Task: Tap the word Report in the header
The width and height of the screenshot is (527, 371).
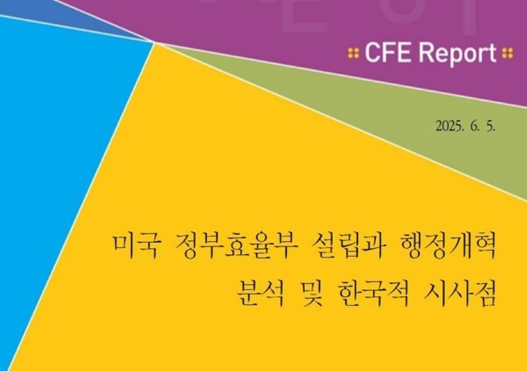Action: click(x=457, y=54)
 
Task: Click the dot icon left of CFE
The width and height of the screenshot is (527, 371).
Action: click(x=353, y=53)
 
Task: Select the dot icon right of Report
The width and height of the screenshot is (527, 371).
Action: click(x=507, y=53)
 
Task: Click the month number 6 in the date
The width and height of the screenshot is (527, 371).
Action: click(x=474, y=127)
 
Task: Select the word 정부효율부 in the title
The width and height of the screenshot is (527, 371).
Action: click(x=236, y=247)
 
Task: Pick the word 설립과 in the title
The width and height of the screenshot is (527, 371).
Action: click(x=345, y=247)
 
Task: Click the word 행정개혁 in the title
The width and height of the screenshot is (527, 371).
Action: click(x=444, y=247)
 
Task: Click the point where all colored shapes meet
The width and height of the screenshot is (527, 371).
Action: click(x=154, y=42)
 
